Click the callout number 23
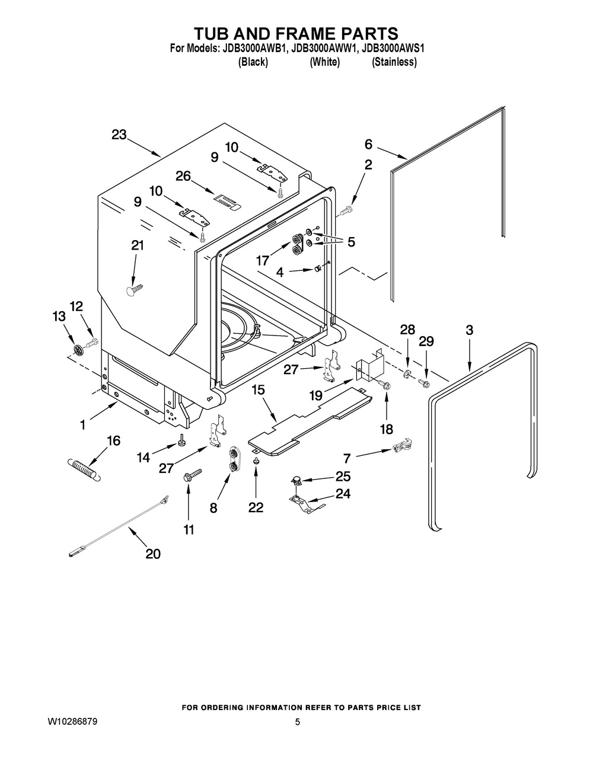click(119, 135)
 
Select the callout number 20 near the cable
click(153, 554)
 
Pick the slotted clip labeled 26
click(227, 202)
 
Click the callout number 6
click(368, 144)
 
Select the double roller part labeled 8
click(233, 459)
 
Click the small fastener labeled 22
click(256, 461)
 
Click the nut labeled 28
click(406, 372)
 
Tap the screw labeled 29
click(423, 382)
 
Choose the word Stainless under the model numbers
click(394, 62)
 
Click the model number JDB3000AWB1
click(253, 48)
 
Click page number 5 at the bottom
click(297, 722)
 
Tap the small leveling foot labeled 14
click(183, 440)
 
